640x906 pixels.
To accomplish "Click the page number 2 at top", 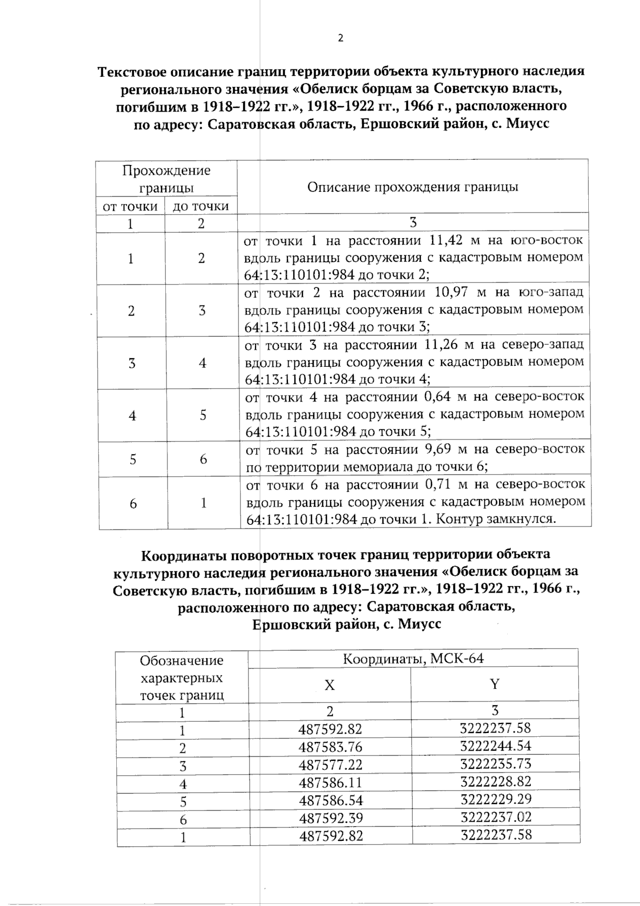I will coord(340,38).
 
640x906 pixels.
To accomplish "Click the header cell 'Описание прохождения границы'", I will coord(413,187).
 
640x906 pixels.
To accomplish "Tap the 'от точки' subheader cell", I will coord(130,207).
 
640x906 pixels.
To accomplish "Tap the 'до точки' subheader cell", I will coord(201,207).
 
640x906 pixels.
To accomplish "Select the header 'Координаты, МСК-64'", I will coord(413,658).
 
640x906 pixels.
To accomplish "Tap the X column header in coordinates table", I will coord(330,685).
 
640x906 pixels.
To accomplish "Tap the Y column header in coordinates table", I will coord(494,684).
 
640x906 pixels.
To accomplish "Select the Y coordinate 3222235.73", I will coord(495,764).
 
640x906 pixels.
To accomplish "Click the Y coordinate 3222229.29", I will coord(495,799).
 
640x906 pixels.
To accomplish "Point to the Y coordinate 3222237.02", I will coord(495,817).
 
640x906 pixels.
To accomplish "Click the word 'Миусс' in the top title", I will coord(527,124).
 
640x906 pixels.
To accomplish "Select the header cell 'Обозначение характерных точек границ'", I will coord(181,678).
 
